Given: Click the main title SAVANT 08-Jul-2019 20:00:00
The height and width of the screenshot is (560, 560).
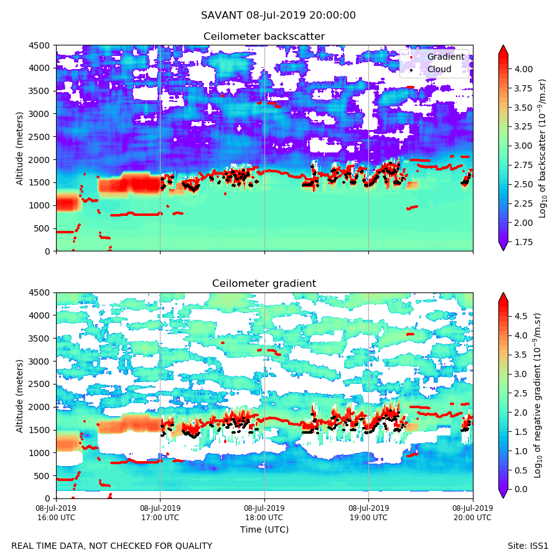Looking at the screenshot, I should [278, 16].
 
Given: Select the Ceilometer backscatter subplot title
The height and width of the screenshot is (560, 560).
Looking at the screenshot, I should [264, 37].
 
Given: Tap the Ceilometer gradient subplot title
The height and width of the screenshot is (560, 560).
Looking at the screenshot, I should [264, 284].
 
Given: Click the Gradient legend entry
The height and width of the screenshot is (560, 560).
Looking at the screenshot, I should [445, 57].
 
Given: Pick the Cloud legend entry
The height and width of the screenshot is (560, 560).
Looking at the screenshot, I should [439, 69].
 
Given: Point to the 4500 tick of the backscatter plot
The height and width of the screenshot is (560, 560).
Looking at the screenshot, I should [42, 45].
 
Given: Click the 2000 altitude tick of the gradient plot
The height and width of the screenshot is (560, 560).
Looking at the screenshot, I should [42, 407].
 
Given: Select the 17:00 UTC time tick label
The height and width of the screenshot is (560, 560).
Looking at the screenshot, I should [160, 513].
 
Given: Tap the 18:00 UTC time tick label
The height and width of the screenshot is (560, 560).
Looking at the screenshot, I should [264, 513].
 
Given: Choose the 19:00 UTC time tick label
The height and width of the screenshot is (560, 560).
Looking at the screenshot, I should [368, 513].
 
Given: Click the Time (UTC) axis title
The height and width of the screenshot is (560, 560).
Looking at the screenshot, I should [264, 530].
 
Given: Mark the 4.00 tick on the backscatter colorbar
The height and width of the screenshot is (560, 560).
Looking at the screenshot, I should [524, 69].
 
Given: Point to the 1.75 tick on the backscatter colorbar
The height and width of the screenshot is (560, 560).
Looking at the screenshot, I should [524, 242].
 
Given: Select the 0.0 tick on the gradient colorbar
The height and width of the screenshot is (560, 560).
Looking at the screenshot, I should [521, 489].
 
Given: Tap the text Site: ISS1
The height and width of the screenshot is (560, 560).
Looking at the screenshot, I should [528, 546].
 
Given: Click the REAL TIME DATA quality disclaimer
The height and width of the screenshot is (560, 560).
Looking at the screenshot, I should [111, 546].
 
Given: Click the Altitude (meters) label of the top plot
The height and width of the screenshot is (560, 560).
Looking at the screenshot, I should [20, 148].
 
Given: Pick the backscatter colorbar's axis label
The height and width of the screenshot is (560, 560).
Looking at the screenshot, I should [543, 148].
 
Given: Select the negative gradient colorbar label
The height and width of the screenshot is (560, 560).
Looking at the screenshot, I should [538, 395].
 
